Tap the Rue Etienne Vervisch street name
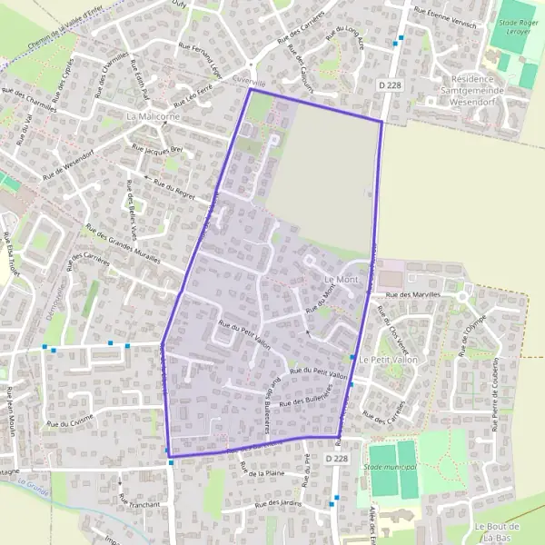(x=444, y=18)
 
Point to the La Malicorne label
(x=153, y=117)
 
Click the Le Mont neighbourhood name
(x=341, y=279)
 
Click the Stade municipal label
(x=390, y=467)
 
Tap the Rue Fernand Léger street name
(x=201, y=57)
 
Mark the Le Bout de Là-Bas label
(x=496, y=533)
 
